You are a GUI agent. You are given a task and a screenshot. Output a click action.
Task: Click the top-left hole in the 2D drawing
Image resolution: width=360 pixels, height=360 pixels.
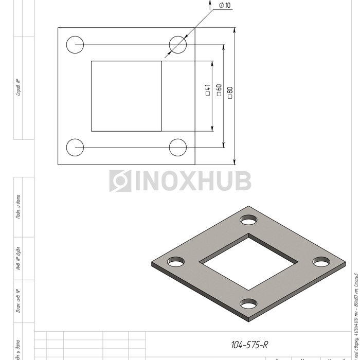click(75, 44)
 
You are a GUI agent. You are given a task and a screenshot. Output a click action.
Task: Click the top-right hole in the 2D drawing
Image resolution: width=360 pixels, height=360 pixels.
click(178, 44)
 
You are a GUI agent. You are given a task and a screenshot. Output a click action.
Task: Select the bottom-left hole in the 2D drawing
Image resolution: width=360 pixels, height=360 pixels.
click(75, 147)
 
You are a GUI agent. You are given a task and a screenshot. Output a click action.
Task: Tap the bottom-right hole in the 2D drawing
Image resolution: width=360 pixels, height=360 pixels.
click(178, 147)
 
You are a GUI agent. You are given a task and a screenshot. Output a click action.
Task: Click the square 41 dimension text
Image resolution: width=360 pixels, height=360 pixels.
click(208, 90)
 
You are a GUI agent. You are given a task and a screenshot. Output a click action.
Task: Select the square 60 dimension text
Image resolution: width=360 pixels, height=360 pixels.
click(219, 90)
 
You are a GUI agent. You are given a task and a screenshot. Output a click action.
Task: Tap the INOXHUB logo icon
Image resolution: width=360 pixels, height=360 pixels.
click(120, 181)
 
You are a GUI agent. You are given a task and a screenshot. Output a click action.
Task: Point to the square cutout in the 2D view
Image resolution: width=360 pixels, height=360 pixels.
click(127, 96)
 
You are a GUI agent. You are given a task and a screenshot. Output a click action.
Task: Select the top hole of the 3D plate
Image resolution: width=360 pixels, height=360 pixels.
click(248, 220)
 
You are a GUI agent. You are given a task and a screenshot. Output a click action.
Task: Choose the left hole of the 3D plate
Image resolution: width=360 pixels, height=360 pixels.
click(176, 262)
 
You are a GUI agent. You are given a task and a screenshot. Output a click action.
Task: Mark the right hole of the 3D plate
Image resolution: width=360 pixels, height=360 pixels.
click(321, 262)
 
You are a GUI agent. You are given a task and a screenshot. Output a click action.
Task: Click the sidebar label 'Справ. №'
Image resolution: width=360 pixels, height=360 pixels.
click(19, 87)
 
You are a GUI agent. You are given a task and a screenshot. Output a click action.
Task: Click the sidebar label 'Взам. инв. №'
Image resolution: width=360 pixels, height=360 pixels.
click(19, 301)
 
